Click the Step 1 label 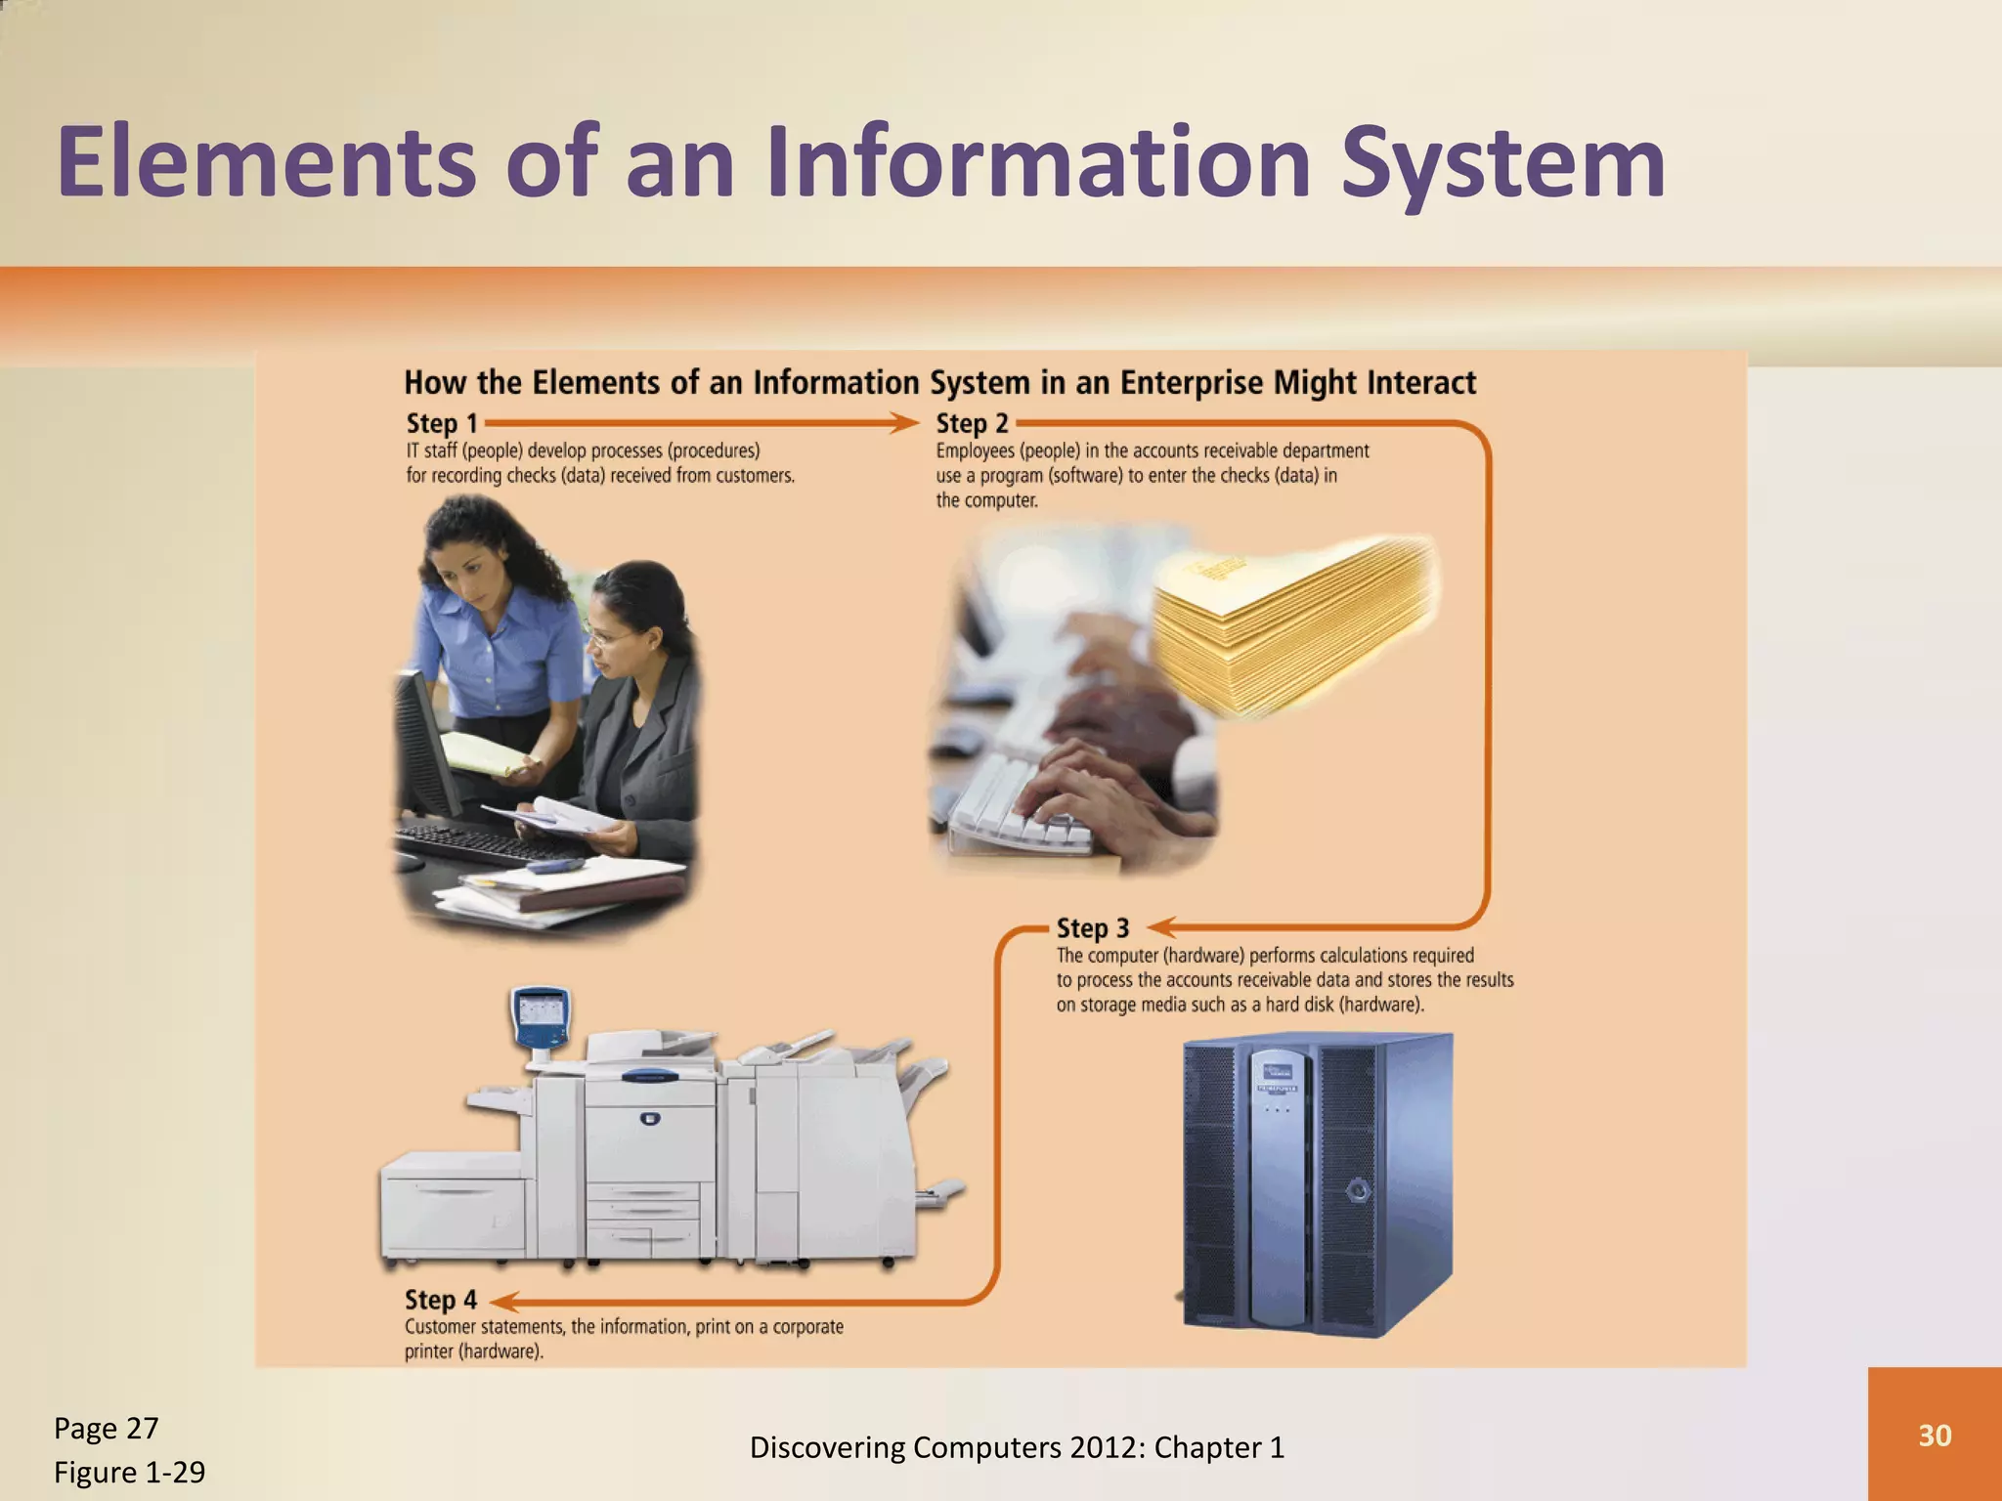(x=442, y=424)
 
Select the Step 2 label (x=972, y=424)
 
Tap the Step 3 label (x=1092, y=928)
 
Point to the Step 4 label (x=441, y=1301)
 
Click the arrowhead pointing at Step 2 (x=905, y=423)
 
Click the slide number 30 (x=1935, y=1436)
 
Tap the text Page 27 (x=106, y=1429)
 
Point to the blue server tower (x=1315, y=1183)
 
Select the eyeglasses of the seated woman (x=608, y=638)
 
